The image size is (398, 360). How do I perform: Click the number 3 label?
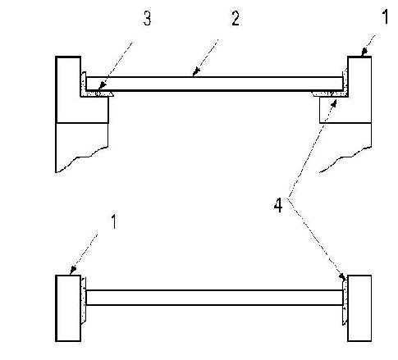pos(148,19)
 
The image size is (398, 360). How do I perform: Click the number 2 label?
pos(236,19)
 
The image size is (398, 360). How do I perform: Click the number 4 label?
pos(278,206)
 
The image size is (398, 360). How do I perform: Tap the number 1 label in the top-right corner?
pos(385,16)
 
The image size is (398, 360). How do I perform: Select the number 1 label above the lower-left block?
pos(113,221)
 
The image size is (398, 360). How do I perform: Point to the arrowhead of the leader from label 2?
pos(196,72)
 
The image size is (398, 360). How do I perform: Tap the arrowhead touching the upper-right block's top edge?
pos(364,52)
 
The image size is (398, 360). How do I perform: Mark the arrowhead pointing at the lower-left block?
pos(72,270)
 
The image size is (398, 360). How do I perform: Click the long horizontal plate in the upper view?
pos(214,84)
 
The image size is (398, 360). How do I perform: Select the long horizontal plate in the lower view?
pos(214,298)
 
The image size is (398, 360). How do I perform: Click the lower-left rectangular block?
pos(68,308)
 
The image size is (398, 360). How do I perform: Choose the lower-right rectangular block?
pos(359,308)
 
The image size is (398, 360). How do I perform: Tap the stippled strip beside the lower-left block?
pos(84,301)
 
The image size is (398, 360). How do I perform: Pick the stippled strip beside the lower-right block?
pos(345,301)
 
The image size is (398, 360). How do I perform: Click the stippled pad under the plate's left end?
pos(97,93)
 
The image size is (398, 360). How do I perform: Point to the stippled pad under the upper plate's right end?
pos(331,93)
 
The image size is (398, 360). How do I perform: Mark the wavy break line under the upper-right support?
pos(345,160)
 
